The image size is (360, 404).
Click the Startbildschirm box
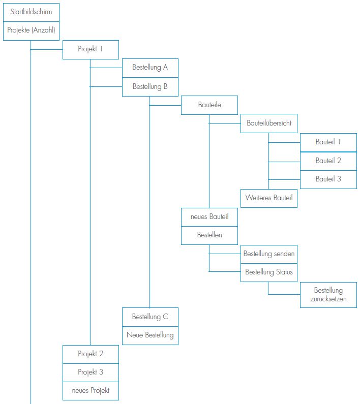click(x=31, y=11)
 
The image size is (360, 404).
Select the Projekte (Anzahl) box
click(x=31, y=30)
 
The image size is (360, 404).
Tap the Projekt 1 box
click(x=91, y=49)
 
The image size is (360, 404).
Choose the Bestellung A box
click(x=150, y=68)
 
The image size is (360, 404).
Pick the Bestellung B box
click(x=150, y=86)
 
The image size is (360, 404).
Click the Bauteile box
click(x=209, y=105)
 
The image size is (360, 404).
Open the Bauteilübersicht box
click(x=269, y=123)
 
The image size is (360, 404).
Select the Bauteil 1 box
click(x=328, y=142)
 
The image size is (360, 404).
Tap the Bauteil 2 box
click(x=328, y=161)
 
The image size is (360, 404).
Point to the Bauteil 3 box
click(x=328, y=179)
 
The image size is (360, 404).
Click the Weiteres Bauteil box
click(x=269, y=198)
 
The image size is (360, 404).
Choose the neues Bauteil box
click(x=209, y=217)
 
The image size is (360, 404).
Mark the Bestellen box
click(x=209, y=235)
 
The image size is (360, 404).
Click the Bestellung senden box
click(x=269, y=254)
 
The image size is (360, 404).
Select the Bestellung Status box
click(x=269, y=272)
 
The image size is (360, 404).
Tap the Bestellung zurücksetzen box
click(x=328, y=295)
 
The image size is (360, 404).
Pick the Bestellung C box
click(x=150, y=317)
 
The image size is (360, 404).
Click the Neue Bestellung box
click(x=150, y=335)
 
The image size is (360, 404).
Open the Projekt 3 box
click(x=91, y=372)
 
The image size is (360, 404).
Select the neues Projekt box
click(x=91, y=391)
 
